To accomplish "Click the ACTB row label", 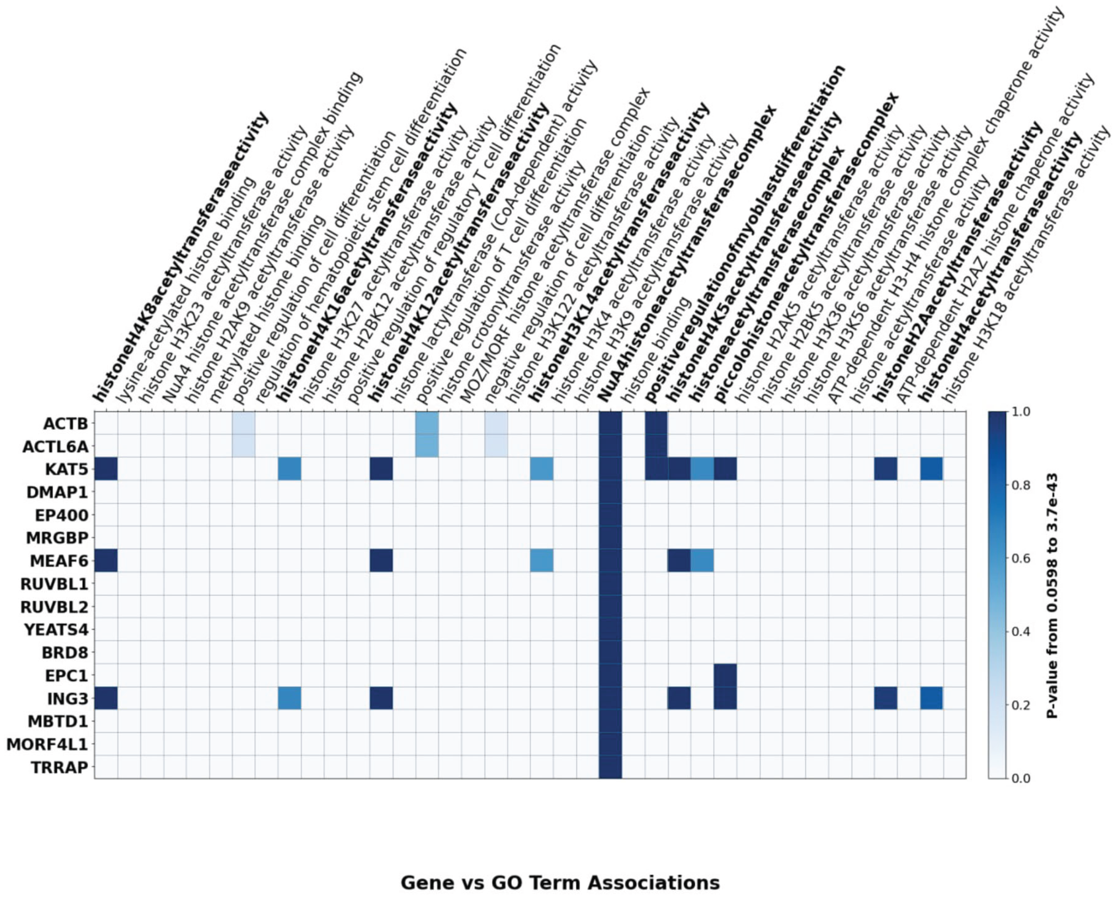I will click(x=66, y=423).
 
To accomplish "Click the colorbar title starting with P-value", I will click(x=1052, y=595).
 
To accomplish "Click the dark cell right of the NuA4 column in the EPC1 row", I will click(x=725, y=675).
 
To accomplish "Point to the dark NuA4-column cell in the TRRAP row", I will click(x=610, y=767).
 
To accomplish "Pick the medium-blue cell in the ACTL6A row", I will click(x=428, y=446).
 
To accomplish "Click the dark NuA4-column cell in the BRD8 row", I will click(x=610, y=653).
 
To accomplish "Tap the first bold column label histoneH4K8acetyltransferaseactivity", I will click(x=181, y=259).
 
